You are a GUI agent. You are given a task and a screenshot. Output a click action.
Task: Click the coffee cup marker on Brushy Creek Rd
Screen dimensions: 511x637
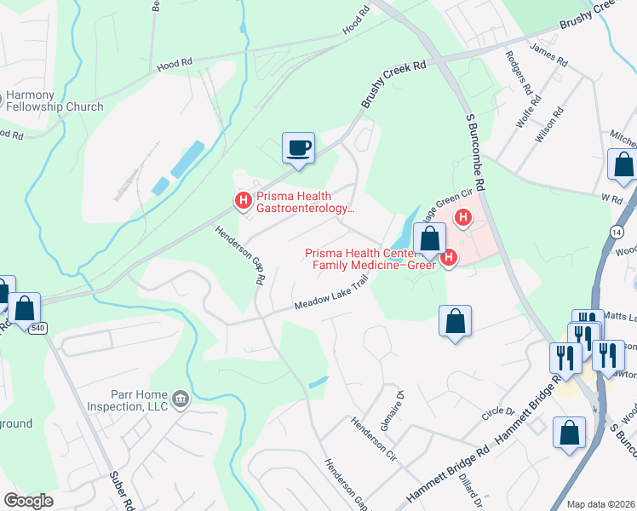pos(298,148)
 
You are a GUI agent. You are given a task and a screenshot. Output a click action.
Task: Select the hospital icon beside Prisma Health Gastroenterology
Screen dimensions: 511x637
pos(243,201)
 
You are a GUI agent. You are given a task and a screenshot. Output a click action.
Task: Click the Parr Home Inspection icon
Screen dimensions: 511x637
pos(180,398)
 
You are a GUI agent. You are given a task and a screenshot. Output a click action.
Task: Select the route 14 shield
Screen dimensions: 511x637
pos(615,231)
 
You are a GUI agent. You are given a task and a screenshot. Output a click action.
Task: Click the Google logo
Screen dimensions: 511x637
pos(28,501)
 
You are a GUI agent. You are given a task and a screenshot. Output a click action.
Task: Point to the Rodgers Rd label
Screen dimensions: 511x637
pos(519,72)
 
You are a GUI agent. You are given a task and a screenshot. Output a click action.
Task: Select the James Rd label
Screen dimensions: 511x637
pos(548,56)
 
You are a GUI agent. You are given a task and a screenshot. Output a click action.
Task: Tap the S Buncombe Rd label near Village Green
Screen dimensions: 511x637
pos(473,153)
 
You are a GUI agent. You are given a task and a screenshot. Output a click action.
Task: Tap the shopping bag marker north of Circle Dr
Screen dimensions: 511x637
pos(456,321)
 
